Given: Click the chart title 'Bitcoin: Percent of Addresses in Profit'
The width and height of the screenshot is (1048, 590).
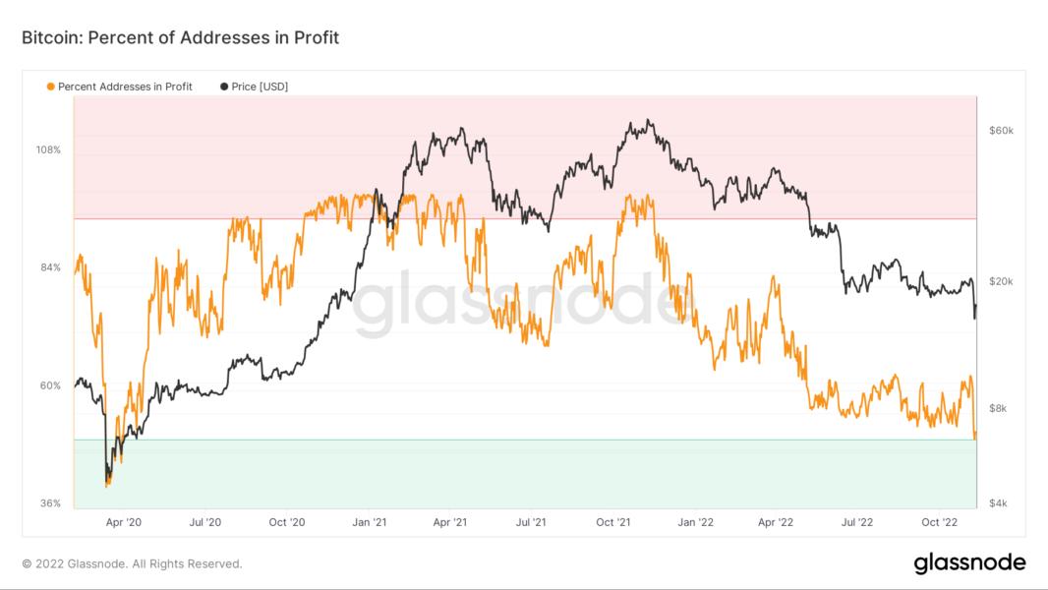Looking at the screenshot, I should (x=180, y=38).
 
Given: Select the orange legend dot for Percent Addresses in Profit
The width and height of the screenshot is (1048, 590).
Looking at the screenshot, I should (x=50, y=87).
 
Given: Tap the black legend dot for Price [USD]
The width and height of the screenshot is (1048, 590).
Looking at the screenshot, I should (x=224, y=87).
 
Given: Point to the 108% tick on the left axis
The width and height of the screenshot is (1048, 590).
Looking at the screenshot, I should (x=49, y=150).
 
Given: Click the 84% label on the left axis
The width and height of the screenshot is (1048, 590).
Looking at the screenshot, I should (x=49, y=267).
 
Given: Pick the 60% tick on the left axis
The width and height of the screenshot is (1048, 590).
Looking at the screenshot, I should (x=49, y=385).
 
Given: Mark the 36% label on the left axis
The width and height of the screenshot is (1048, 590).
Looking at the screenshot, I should (x=49, y=503).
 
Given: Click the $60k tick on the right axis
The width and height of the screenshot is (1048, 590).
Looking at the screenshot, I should (x=1001, y=131).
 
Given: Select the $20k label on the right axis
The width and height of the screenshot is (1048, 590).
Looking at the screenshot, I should (x=1001, y=281).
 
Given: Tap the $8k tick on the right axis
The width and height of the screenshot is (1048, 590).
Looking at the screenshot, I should (x=998, y=408).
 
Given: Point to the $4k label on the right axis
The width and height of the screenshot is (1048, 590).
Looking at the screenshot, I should (x=998, y=503).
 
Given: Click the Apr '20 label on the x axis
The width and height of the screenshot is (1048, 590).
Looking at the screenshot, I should (x=123, y=522).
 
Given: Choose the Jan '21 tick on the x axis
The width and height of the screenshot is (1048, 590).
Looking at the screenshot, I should (x=368, y=522).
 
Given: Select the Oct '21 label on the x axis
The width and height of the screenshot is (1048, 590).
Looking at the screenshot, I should (x=612, y=522).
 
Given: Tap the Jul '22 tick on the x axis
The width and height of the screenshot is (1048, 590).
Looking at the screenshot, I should (x=857, y=522).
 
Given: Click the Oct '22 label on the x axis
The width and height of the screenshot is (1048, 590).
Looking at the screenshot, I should (x=939, y=522).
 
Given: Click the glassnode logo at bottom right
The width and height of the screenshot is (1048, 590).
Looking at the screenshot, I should (x=969, y=563).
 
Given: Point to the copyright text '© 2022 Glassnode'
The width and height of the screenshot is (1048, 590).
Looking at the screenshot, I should (x=132, y=564).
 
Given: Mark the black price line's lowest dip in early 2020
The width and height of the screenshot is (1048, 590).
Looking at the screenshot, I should (x=106, y=481).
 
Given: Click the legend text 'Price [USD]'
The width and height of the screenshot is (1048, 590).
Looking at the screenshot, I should (x=260, y=87).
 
